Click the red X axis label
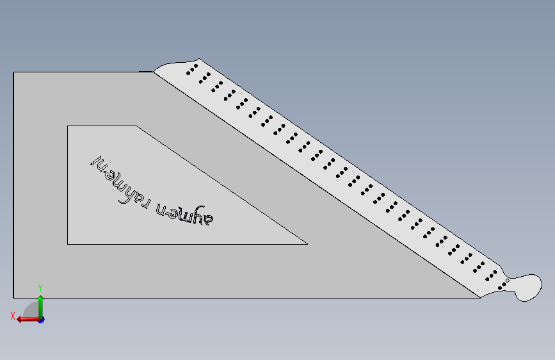(12, 315)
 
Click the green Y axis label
(40, 288)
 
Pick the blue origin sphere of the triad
(41, 319)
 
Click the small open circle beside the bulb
(507, 281)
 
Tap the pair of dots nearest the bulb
(503, 286)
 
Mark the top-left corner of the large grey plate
(14, 72)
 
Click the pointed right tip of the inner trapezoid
(307, 243)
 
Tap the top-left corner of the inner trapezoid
(68, 126)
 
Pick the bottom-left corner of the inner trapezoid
(68, 243)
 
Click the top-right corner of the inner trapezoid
(136, 126)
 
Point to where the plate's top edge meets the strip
(154, 72)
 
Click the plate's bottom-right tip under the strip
(479, 298)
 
